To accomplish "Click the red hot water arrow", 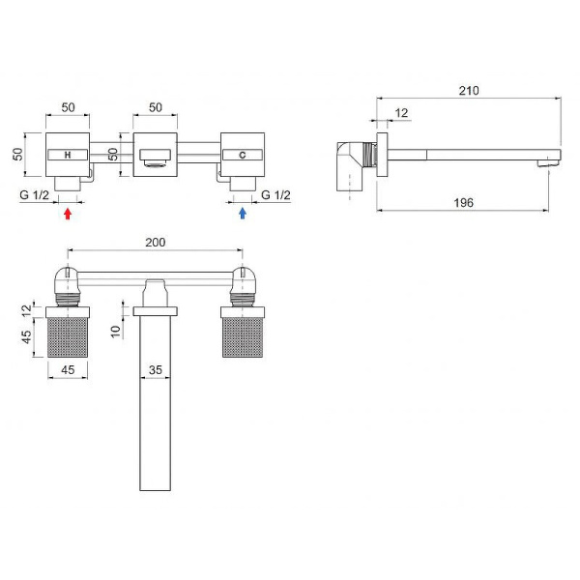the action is [x=68, y=214].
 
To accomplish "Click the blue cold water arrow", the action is [x=243, y=213].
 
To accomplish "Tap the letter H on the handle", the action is [x=68, y=155].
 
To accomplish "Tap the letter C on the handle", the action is [x=243, y=155].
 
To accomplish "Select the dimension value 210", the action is [x=469, y=91].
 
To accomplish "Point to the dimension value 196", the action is [x=463, y=203].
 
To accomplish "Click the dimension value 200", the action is [x=156, y=243].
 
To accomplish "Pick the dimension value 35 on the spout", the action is [x=156, y=370].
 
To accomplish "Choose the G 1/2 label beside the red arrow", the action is [x=35, y=194].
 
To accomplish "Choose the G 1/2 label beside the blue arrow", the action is [x=275, y=194].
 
